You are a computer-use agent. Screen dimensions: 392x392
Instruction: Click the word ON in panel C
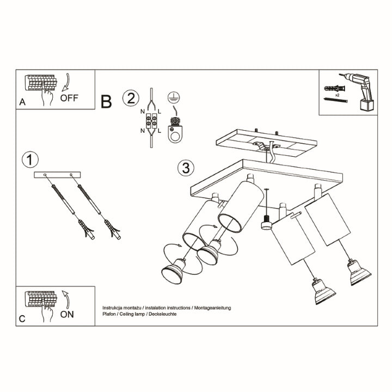(x=68, y=314)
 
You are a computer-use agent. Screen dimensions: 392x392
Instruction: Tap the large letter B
(x=106, y=101)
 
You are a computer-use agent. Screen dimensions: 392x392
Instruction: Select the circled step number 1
(x=30, y=160)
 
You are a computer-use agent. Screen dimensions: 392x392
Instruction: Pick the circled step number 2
(x=130, y=99)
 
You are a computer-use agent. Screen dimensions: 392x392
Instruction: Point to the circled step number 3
(x=185, y=168)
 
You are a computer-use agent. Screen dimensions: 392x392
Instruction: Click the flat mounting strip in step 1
(x=57, y=174)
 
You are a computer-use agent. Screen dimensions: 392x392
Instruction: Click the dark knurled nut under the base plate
(x=266, y=223)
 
